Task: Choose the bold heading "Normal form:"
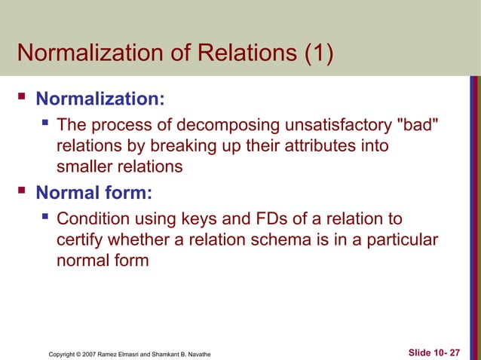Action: [94, 193]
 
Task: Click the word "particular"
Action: [401, 240]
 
